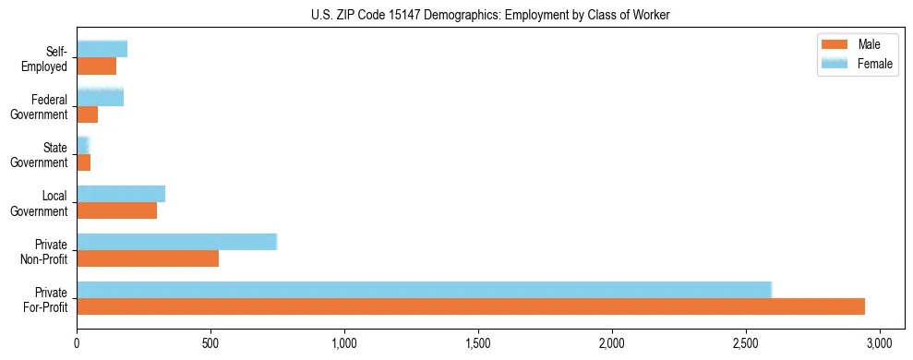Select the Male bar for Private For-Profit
(x=471, y=306)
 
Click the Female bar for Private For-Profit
(x=424, y=289)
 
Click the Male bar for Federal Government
(x=88, y=114)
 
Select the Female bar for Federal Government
(x=100, y=97)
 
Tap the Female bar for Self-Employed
(x=102, y=49)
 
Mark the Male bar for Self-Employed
(x=97, y=66)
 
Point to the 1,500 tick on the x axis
(x=478, y=339)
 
